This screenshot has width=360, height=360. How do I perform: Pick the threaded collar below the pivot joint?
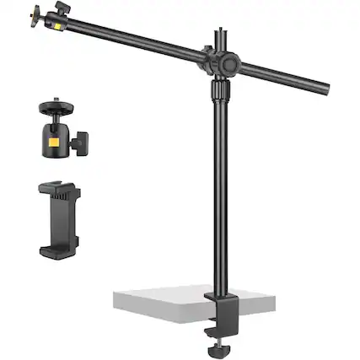[x=221, y=89]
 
